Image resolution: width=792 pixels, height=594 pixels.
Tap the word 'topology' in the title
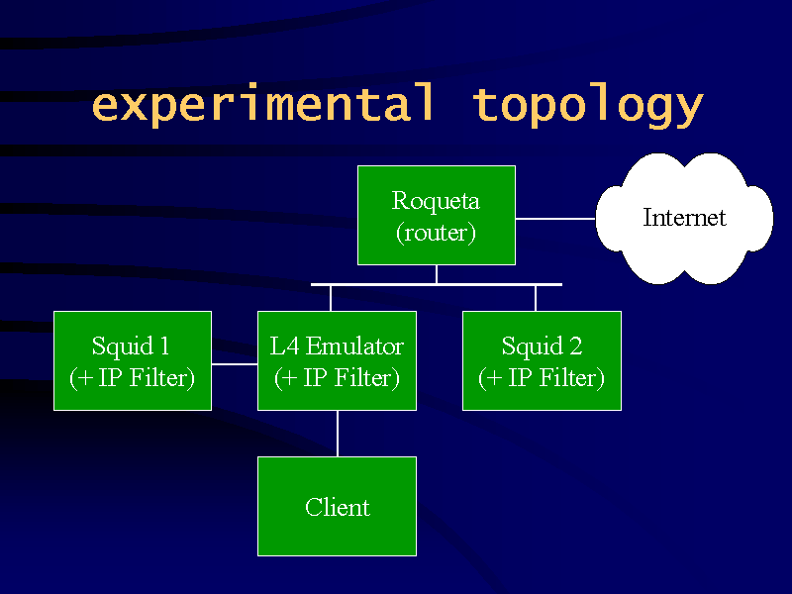(x=587, y=107)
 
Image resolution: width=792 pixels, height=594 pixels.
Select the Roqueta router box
(x=437, y=215)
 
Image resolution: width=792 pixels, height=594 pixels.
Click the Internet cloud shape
(x=684, y=218)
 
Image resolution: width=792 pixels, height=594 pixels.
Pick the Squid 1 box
(x=133, y=360)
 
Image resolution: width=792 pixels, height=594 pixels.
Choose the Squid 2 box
(x=542, y=360)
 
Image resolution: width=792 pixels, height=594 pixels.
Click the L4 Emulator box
(x=337, y=360)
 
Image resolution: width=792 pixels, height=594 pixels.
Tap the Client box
(x=337, y=506)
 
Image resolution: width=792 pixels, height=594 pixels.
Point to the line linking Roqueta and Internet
(x=555, y=219)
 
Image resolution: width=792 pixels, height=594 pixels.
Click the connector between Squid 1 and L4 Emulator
(x=235, y=363)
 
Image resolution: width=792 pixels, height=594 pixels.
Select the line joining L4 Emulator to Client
(x=338, y=434)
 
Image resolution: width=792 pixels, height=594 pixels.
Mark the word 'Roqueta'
(x=436, y=202)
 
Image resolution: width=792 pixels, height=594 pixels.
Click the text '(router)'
(x=436, y=234)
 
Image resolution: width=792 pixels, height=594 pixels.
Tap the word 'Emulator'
(x=354, y=346)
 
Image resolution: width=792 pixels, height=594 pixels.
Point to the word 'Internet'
(x=684, y=217)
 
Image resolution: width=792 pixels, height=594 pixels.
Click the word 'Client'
(x=338, y=507)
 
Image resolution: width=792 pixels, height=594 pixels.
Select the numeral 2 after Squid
(x=576, y=346)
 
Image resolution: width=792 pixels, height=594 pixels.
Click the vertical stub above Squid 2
(x=536, y=299)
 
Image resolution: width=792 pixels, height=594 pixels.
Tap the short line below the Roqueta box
(x=437, y=274)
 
